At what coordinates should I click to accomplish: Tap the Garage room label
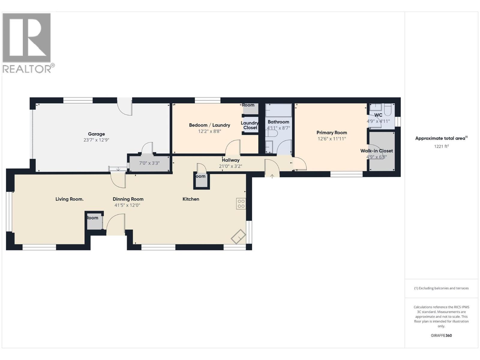pos(96,134)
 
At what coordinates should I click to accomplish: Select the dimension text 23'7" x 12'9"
pos(96,140)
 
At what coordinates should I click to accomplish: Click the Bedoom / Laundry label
pos(209,125)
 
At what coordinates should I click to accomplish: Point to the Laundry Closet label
pos(250,125)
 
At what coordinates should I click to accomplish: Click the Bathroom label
pos(278,122)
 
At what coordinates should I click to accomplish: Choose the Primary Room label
pos(331,133)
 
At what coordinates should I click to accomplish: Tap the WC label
pos(378,115)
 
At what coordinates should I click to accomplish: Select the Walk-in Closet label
pos(376,151)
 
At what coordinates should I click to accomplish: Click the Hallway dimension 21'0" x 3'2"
pos(230,166)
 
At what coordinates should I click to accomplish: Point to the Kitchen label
pos(191,199)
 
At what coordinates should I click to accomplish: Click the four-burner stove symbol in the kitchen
pos(241,204)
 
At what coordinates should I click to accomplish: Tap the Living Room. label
pos(69,199)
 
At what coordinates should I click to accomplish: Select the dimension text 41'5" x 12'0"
pos(127,205)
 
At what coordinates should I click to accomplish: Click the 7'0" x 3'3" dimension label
pos(149,163)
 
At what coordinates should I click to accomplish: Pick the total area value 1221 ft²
pos(441,146)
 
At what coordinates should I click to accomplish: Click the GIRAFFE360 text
pos(441,335)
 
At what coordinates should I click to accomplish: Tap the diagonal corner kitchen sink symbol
pos(238,236)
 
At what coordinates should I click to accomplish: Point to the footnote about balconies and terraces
pos(441,288)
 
